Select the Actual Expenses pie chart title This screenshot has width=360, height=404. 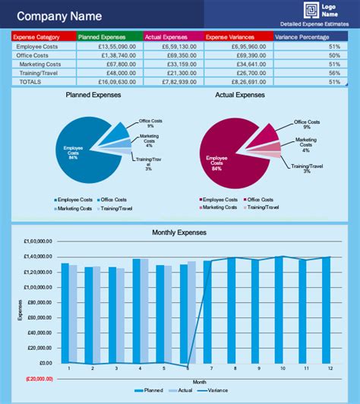point(240,96)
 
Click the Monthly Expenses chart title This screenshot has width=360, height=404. point(179,232)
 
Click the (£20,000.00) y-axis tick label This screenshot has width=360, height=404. point(36,378)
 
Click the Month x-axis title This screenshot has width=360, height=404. point(199,380)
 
